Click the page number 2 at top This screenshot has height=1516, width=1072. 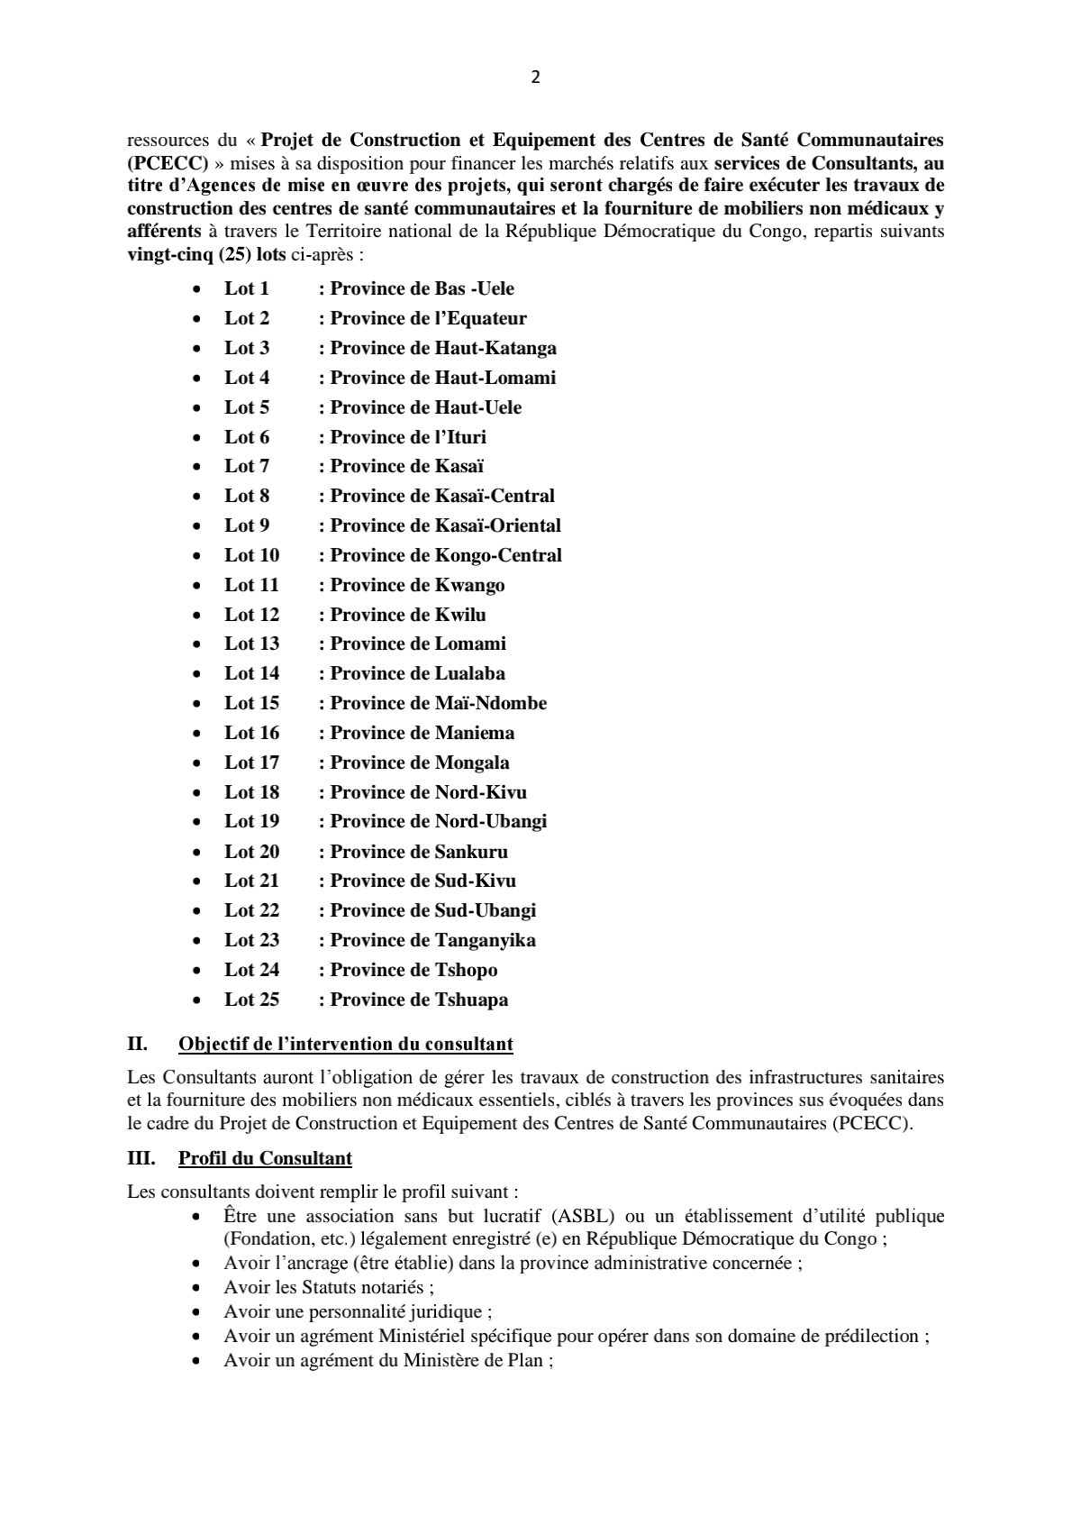(536, 78)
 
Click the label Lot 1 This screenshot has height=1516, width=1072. (247, 288)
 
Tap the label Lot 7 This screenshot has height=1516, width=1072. (247, 466)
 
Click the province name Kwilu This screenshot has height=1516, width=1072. (460, 615)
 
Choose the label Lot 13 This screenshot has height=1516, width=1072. (252, 644)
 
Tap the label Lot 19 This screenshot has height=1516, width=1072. (252, 821)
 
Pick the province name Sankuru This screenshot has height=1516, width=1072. (471, 852)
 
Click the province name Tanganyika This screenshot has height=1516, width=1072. (486, 940)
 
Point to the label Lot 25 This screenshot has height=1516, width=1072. (252, 1000)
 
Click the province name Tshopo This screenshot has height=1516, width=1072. (467, 970)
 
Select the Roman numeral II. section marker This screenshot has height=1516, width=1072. (137, 1045)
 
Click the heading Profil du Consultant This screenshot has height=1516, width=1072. (265, 1158)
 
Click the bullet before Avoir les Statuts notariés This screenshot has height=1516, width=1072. (197, 1288)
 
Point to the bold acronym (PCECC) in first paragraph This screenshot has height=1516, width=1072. (168, 163)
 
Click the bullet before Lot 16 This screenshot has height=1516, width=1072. (197, 734)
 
